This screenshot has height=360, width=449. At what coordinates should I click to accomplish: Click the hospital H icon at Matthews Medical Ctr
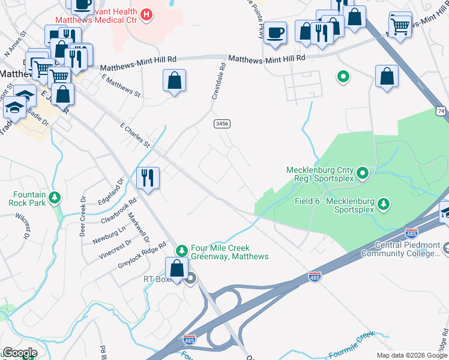[x=145, y=13]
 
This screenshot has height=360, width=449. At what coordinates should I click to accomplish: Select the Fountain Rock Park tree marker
[x=55, y=197]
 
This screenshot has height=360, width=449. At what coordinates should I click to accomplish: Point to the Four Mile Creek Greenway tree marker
[x=182, y=250]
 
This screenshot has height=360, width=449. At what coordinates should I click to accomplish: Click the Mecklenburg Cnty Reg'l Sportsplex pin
[x=363, y=174]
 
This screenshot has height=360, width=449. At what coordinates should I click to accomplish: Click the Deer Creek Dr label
[x=83, y=216]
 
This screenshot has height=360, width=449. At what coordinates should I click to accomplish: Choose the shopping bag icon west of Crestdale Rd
[x=174, y=80]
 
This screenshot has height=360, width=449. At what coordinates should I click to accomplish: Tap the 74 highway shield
[x=441, y=112]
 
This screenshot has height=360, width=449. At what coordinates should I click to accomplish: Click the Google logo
[x=19, y=353]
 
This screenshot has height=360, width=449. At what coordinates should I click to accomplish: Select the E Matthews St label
[x=121, y=86]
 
